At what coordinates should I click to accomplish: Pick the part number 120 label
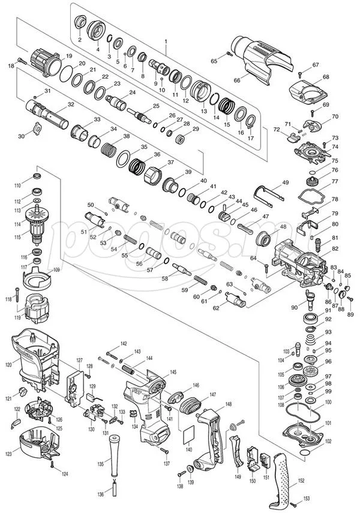point(8,364)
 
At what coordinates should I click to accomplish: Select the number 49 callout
point(285,182)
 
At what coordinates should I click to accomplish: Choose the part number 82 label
point(335,248)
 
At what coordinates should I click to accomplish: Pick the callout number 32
point(71,104)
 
